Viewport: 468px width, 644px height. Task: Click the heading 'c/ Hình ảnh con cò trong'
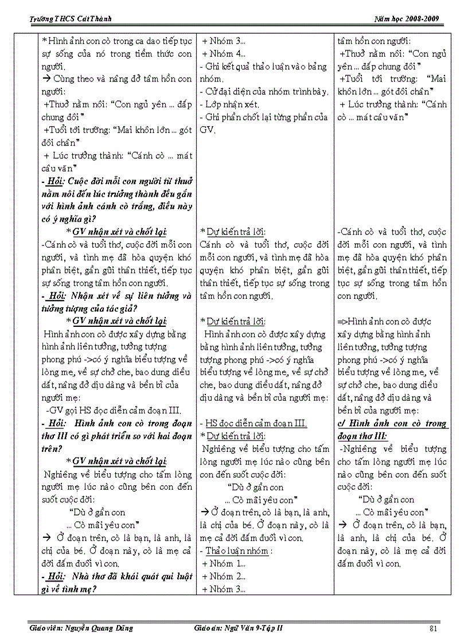(392, 424)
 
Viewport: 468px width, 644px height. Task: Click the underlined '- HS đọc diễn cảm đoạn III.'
(253, 424)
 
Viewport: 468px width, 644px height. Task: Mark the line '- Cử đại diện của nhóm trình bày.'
(264, 92)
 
